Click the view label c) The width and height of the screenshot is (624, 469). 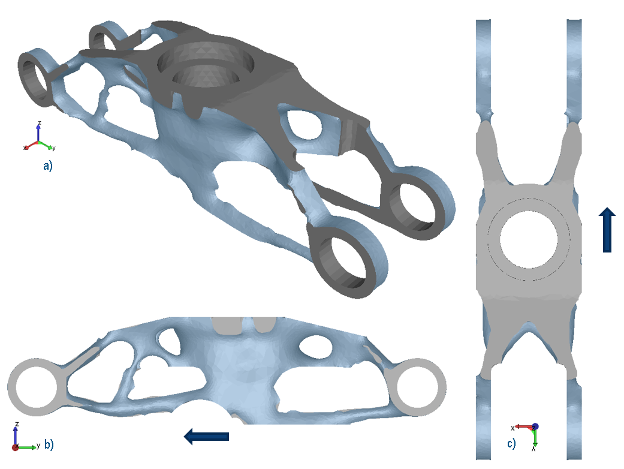(511, 444)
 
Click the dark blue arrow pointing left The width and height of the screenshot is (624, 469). (206, 437)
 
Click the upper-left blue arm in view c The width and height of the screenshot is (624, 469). (483, 66)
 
